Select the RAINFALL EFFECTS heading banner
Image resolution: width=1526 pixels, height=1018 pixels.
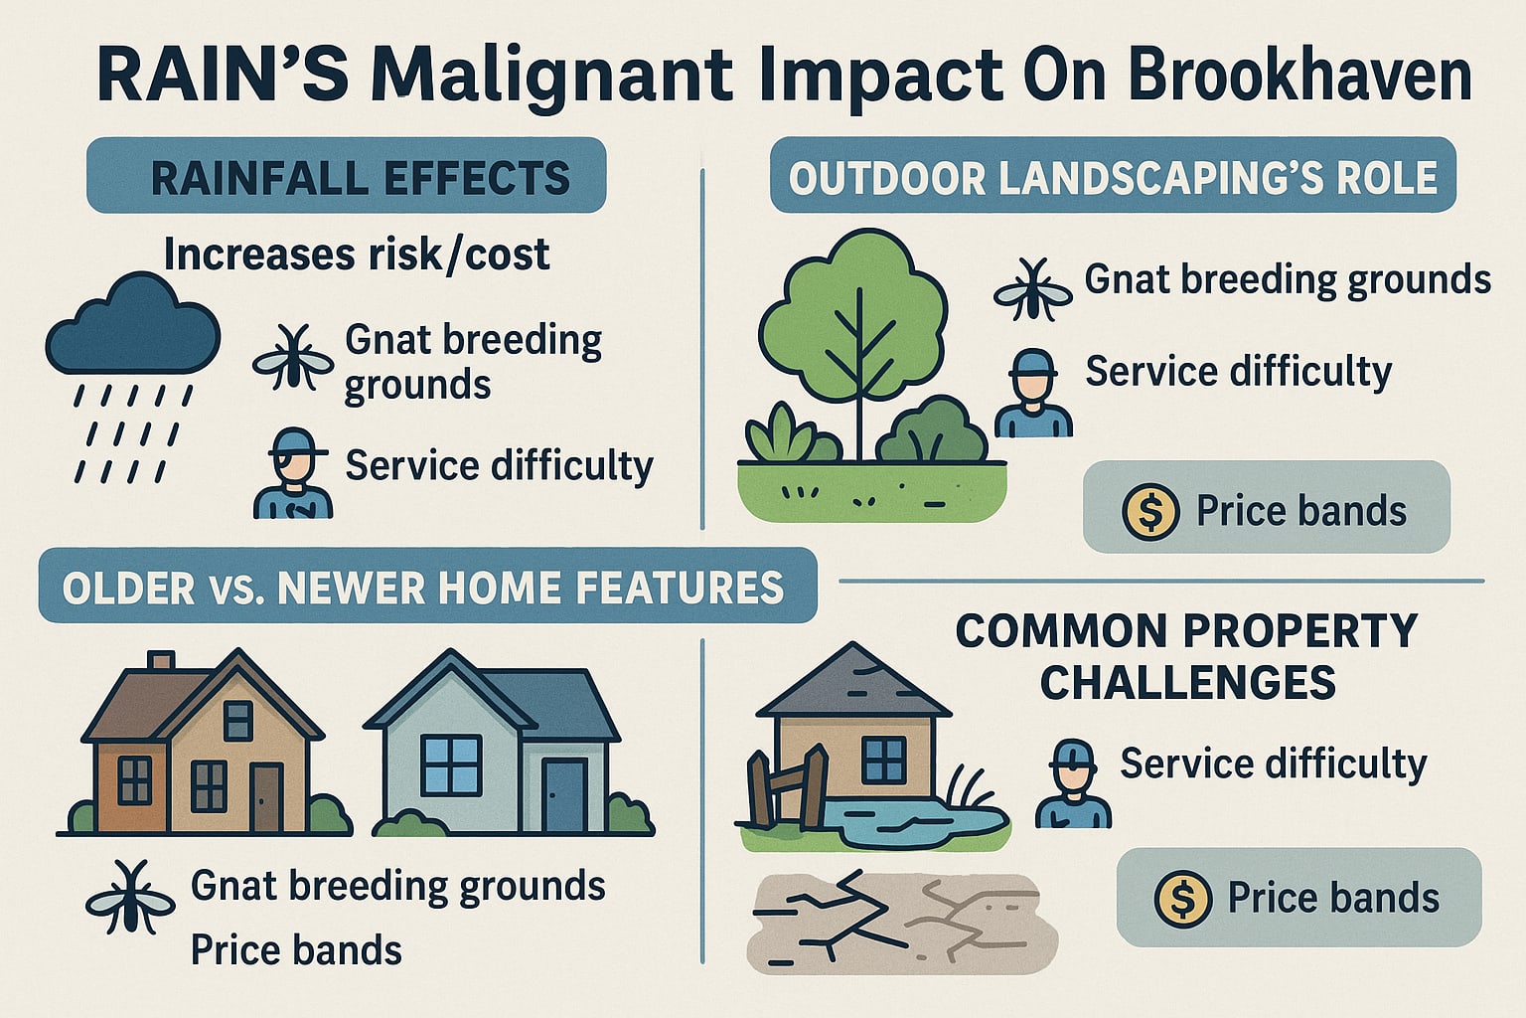point(347,176)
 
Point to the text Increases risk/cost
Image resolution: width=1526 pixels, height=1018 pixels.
point(356,254)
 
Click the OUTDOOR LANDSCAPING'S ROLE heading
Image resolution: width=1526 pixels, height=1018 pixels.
point(1113,176)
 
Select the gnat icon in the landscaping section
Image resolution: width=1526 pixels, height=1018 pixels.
point(1032,289)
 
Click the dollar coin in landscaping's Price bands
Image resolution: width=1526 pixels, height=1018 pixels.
point(1149,511)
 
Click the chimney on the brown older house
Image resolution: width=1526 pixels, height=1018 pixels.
point(161,662)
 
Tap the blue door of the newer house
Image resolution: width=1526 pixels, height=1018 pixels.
point(564,794)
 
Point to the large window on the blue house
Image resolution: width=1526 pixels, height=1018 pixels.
point(451,765)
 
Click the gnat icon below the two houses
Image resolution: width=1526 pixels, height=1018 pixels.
point(130,899)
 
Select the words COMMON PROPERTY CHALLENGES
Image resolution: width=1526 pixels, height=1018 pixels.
point(1187,657)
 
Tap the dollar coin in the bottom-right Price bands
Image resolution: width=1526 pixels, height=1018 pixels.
point(1182,899)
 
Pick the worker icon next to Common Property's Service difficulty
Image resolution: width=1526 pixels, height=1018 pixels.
point(1073,784)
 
